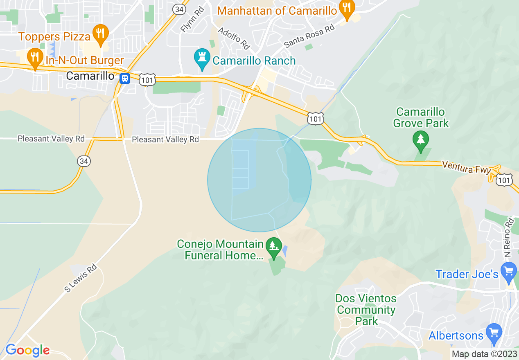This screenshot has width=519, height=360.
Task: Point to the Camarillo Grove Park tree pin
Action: (x=420, y=139)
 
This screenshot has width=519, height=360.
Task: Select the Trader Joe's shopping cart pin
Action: (x=509, y=272)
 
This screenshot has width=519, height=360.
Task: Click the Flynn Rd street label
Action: (x=192, y=18)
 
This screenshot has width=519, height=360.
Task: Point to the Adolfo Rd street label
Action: (x=234, y=37)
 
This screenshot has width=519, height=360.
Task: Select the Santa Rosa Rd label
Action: (x=309, y=35)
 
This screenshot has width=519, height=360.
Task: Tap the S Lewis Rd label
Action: (x=80, y=278)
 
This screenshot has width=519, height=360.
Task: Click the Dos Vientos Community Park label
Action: (x=366, y=310)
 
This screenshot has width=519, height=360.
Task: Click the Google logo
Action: (x=27, y=351)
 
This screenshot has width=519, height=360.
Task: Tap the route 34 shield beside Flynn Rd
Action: (x=179, y=9)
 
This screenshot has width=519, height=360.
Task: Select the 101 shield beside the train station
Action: (x=147, y=79)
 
